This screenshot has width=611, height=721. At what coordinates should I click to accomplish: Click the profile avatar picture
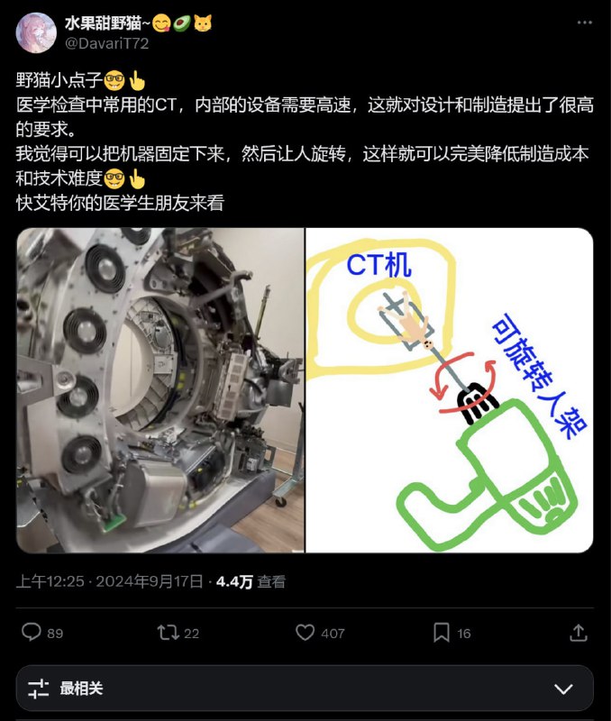click(36, 32)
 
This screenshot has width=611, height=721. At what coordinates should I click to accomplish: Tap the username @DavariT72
click(106, 43)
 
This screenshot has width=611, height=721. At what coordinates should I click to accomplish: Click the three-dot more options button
click(584, 23)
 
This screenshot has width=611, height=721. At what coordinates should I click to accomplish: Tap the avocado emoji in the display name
click(182, 23)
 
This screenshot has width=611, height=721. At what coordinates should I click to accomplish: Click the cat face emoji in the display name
click(203, 23)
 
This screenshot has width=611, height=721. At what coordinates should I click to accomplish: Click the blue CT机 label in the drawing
click(378, 265)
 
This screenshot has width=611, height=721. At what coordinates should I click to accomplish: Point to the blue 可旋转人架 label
click(539, 376)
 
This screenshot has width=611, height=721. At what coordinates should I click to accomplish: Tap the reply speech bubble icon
click(32, 632)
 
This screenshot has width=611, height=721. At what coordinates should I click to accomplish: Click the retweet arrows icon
click(168, 633)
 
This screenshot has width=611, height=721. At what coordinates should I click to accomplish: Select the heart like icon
click(305, 633)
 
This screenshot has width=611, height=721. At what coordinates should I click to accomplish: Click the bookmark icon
click(442, 633)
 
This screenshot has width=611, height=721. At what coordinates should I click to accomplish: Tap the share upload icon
click(579, 633)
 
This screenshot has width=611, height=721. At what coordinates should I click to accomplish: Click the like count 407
click(333, 634)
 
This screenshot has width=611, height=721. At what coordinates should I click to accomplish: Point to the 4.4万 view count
click(234, 581)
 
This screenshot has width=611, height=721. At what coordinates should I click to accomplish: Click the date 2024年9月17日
click(150, 581)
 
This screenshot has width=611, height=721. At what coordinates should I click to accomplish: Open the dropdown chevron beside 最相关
click(563, 689)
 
